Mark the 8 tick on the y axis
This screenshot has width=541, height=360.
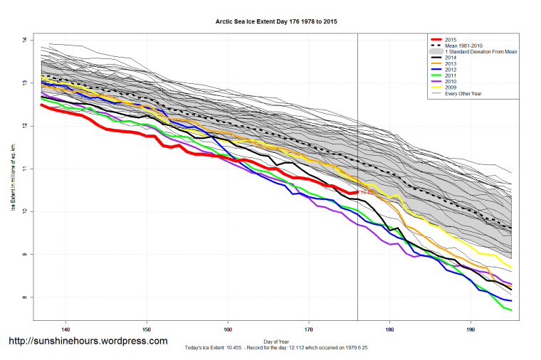[24, 297]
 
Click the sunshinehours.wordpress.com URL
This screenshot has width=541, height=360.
[88, 341]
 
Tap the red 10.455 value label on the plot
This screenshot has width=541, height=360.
[367, 192]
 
